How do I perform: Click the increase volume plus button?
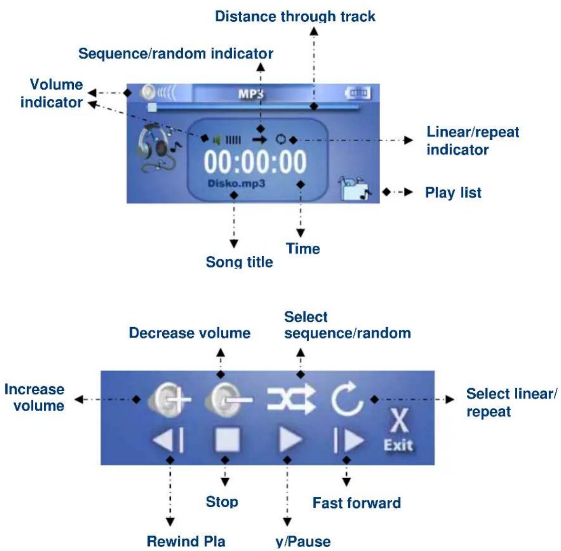pyautogui.click(x=169, y=399)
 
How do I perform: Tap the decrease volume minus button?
pyautogui.click(x=228, y=399)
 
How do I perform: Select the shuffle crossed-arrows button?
pyautogui.click(x=292, y=399)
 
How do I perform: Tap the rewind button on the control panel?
pyautogui.click(x=168, y=440)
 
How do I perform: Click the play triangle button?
pyautogui.click(x=290, y=439)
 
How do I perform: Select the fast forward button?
pyautogui.click(x=348, y=440)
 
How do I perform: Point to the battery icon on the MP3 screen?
pyautogui.click(x=358, y=93)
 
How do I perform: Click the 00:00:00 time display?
pyautogui.click(x=255, y=162)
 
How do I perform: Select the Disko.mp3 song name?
pyautogui.click(x=236, y=184)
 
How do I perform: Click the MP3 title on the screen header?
pyautogui.click(x=251, y=94)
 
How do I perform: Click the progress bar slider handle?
pyautogui.click(x=152, y=107)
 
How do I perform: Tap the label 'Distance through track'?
pyautogui.click(x=295, y=17)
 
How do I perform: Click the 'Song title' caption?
pyautogui.click(x=239, y=262)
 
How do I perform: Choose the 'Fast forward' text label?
pyautogui.click(x=357, y=503)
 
